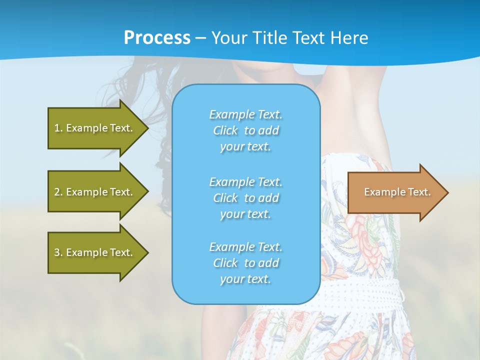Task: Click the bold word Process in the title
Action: click(x=157, y=38)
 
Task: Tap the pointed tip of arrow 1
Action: click(x=147, y=128)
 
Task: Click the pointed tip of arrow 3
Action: click(x=147, y=252)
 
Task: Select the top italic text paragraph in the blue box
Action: click(x=245, y=130)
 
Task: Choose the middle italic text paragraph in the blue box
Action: click(x=245, y=198)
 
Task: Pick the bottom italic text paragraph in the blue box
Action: click(x=245, y=263)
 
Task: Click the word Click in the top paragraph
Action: click(x=225, y=130)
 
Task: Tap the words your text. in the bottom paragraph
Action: click(x=245, y=279)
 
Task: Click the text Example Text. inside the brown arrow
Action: click(x=397, y=192)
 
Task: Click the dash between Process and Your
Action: click(x=201, y=38)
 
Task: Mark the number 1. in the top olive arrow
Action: click(x=58, y=128)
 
